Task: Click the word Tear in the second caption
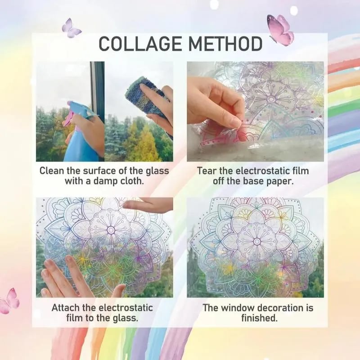[206, 171]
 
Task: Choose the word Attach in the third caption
[67, 308]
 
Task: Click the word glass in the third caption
[125, 319]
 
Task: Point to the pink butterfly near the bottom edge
[10, 301]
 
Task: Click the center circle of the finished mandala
[257, 241]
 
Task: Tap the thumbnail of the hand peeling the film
[255, 111]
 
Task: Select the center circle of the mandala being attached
[111, 230]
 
